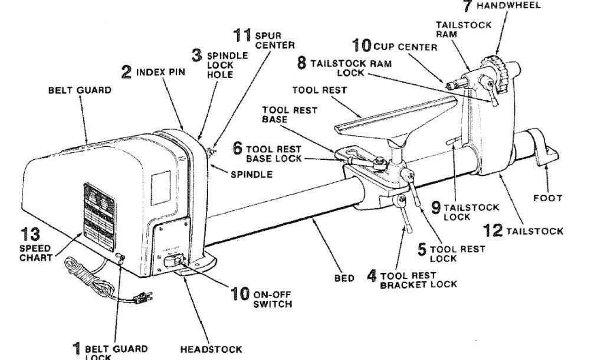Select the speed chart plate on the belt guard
point(99,217)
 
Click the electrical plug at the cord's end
point(142,297)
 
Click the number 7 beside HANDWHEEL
point(467,6)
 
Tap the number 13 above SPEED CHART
point(30,234)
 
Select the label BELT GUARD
point(80,90)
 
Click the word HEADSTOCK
point(211,349)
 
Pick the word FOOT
point(548,198)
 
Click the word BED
point(344,278)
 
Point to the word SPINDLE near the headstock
point(251,175)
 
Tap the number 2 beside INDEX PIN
point(126,72)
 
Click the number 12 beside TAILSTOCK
point(493,231)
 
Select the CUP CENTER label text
point(406,47)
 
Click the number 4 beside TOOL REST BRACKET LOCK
point(372,276)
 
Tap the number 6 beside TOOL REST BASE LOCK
point(238,148)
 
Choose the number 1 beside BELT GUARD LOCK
point(77,349)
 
